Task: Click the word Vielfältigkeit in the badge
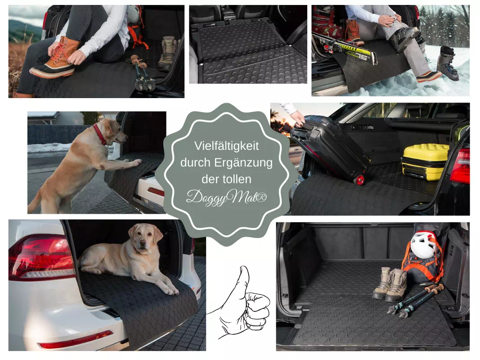227,146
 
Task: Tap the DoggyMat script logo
227,197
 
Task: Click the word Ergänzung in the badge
243,163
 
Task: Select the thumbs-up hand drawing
239,303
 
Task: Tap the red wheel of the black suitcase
360,180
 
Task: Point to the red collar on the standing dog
99,135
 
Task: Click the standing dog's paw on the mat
135,162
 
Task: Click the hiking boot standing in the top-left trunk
168,54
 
